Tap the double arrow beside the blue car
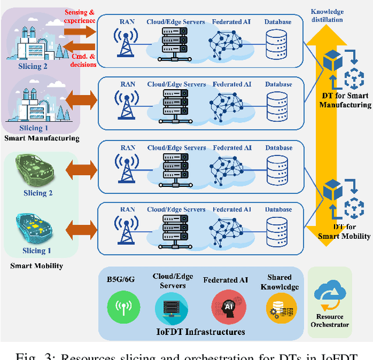79,228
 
